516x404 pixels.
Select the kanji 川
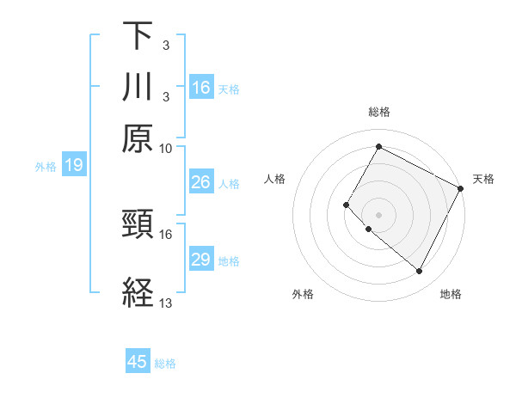138,88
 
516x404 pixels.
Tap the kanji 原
138,139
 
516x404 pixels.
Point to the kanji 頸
138,225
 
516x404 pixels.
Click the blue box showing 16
201,88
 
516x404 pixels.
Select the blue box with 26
201,182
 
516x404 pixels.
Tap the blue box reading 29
201,260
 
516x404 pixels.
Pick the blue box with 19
73,165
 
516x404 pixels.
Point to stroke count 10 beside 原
166,148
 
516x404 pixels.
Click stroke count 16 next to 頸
166,234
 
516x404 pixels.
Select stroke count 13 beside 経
166,303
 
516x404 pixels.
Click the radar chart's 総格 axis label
378,112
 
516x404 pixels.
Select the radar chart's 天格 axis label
483,179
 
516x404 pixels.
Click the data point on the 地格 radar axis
420,272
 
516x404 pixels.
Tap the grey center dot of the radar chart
378,214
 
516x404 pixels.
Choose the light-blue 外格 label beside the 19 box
46,166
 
